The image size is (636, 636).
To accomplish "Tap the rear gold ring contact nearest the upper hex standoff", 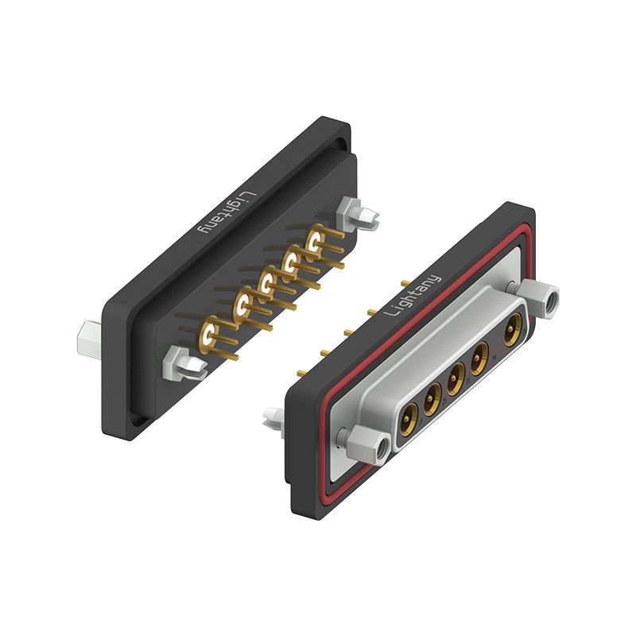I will pyautogui.click(x=316, y=239).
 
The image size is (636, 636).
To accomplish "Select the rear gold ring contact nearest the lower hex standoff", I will pyautogui.click(x=211, y=334).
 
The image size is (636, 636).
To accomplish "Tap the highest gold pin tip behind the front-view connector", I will pyautogui.click(x=405, y=282).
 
